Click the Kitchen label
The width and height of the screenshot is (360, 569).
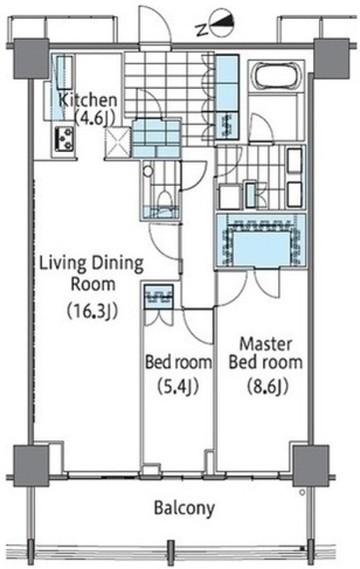pos(88,100)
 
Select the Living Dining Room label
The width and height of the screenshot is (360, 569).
pos(91,274)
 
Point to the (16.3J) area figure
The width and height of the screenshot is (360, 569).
pos(93,310)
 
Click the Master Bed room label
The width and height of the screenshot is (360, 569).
pos(266,353)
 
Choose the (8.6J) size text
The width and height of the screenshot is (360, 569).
pos(268,386)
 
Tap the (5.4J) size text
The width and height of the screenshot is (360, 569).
pos(178,386)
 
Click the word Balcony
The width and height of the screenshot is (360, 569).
pos(184,509)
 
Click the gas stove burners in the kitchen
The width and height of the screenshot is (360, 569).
pos(65,139)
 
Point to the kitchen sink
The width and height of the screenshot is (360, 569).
pos(65,72)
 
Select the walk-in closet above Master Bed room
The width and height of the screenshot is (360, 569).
pos(260,241)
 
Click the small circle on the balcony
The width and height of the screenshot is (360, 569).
pos(301,493)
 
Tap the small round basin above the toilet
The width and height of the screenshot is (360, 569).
pos(148,172)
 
